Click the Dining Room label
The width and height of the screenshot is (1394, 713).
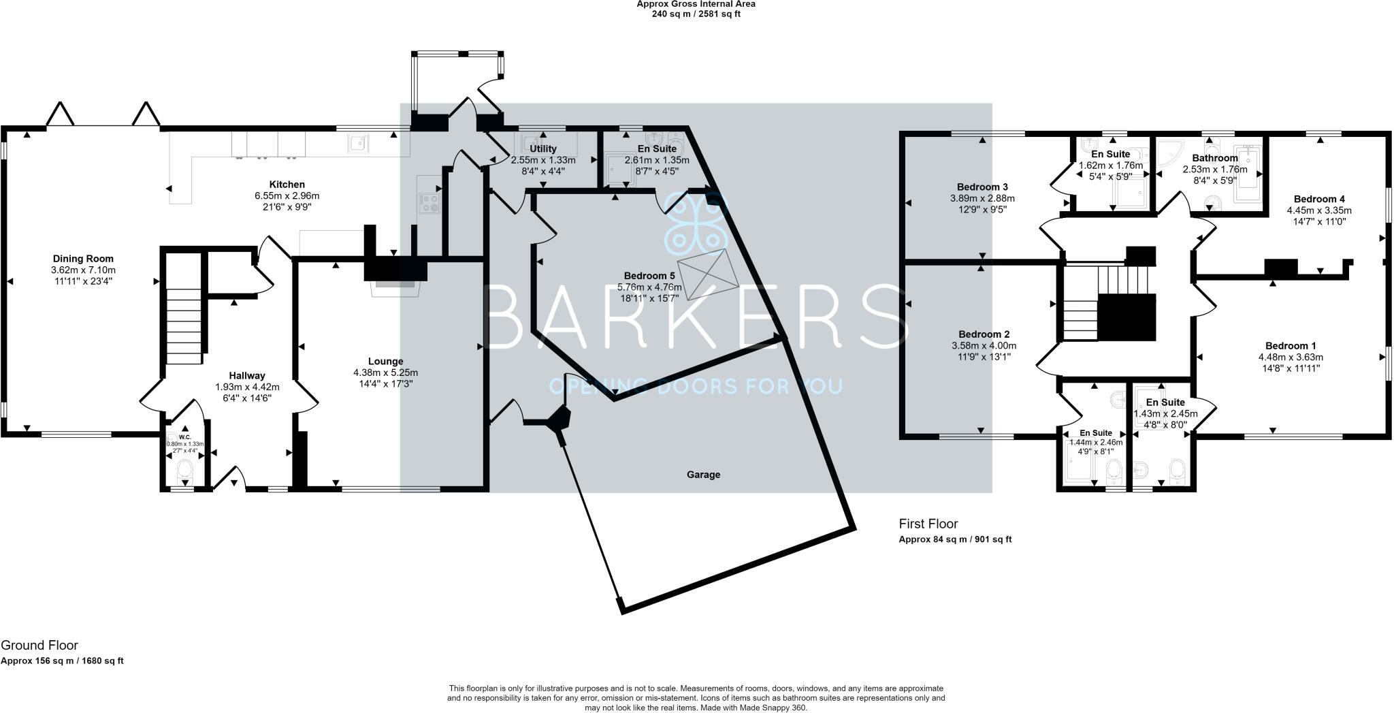tap(83, 259)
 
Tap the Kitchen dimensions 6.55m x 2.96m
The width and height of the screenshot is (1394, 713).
tap(287, 195)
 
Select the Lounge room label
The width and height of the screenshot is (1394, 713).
tap(385, 362)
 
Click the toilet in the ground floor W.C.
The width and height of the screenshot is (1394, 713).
tap(184, 470)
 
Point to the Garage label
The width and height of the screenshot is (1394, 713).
tap(703, 475)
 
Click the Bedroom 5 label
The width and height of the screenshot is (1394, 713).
tap(649, 276)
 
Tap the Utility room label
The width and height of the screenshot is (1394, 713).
tap(542, 148)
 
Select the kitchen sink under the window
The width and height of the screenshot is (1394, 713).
tap(358, 144)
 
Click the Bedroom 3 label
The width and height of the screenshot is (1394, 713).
tap(982, 187)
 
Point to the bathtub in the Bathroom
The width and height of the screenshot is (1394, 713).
tap(1248, 174)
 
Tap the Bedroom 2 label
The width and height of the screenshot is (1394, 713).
tap(984, 334)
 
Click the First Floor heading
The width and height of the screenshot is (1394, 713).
tap(928, 524)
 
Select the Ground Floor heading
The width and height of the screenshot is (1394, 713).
tap(39, 645)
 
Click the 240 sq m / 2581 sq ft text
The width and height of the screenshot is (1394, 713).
tap(696, 14)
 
